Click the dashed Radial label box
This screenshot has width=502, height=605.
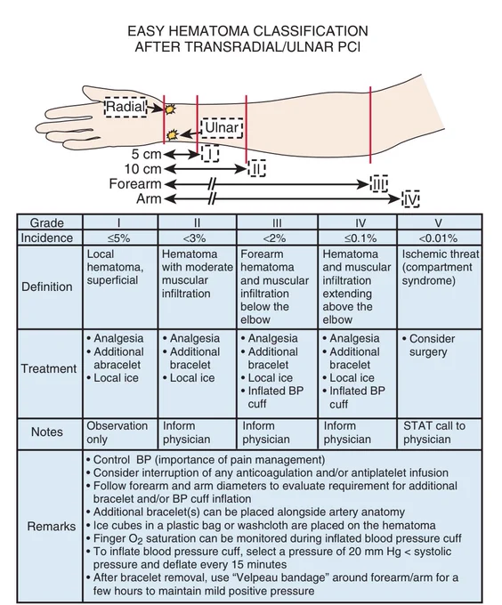point(125,107)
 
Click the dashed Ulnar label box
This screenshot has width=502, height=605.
point(222,128)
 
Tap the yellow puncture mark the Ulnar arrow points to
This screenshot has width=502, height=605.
point(172,135)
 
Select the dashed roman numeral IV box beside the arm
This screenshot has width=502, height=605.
point(410,198)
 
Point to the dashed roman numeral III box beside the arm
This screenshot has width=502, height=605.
point(378,184)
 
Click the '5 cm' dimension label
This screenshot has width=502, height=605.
point(146,154)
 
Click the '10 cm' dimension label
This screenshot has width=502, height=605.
point(142,169)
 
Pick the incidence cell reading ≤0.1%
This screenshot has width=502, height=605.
point(358,238)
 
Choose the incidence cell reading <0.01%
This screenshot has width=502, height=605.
point(440,238)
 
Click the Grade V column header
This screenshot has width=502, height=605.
point(440,222)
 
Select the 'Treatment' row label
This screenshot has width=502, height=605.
point(49,368)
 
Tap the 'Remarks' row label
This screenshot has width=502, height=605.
point(52,527)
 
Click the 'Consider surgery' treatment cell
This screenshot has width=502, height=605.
point(440,374)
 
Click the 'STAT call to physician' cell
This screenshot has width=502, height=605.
point(440,433)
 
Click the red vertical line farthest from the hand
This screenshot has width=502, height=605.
point(370,125)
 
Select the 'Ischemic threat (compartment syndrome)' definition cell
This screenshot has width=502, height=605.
point(440,287)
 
